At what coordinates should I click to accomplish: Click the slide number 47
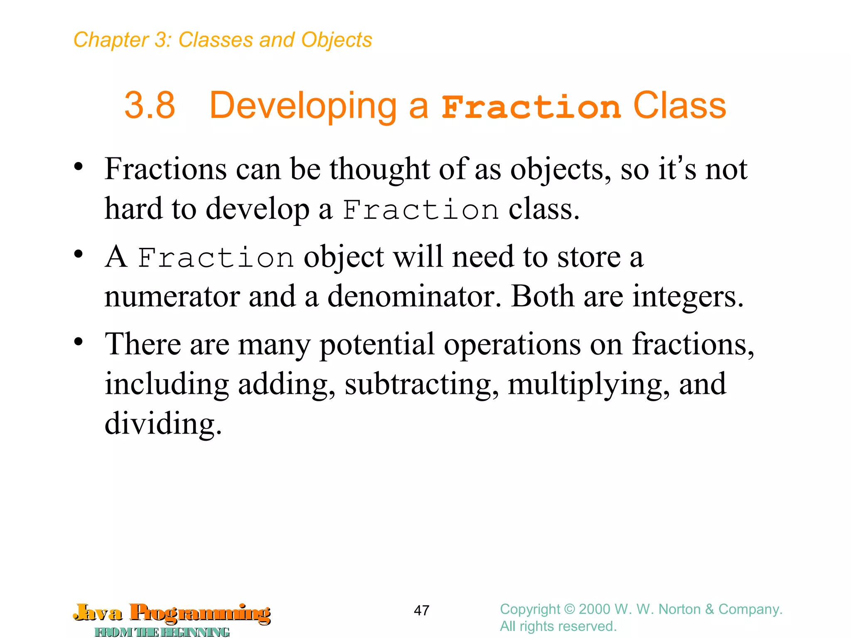pos(421,610)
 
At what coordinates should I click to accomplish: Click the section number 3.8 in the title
pos(150,106)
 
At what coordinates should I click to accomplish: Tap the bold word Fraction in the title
pos(531,107)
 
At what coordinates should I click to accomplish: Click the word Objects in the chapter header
pos(337,40)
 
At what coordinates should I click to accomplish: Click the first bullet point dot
pos(78,167)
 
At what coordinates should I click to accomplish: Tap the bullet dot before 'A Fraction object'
pos(78,255)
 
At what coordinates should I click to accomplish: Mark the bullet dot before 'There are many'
pos(78,342)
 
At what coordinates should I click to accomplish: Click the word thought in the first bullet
pos(380,169)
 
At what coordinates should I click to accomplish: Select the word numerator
pos(172,297)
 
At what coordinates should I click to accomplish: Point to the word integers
pos(688,297)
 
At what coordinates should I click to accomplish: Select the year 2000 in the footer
pos(595,609)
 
